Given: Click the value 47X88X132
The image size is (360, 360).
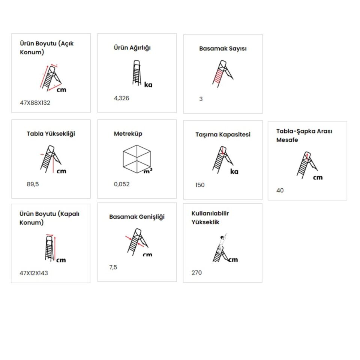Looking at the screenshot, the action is coord(35,103).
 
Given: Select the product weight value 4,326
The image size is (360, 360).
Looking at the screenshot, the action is coord(121,98).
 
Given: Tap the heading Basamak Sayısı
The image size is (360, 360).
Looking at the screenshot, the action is coord(223,49).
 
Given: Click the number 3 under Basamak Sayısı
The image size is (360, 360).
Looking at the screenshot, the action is coord(201,99).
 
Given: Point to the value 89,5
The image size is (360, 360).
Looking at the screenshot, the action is coord(33,184).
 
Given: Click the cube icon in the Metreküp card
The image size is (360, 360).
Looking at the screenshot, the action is coord(137,159).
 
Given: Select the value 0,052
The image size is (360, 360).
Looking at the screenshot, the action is coord(121,184).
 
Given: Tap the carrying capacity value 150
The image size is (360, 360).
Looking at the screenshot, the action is coord(200,185).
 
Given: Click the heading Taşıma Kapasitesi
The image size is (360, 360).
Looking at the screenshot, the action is coord(223,135).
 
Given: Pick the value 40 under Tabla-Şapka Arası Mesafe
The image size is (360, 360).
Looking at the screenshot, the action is coord(280,190).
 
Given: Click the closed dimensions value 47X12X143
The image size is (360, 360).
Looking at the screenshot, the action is coord(34,273).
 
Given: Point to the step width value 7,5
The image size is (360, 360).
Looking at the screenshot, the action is coord(113,267).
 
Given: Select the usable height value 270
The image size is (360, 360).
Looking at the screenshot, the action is coord(196,273).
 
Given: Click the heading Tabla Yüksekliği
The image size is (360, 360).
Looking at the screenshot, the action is coord(51,133).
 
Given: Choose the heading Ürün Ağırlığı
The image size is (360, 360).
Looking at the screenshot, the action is coord(132,48).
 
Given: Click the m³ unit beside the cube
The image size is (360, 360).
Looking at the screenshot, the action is coord(148,171).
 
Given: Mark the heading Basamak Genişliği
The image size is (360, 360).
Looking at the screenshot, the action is coord(137,217).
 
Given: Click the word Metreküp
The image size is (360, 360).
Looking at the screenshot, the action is coord(128,133).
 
